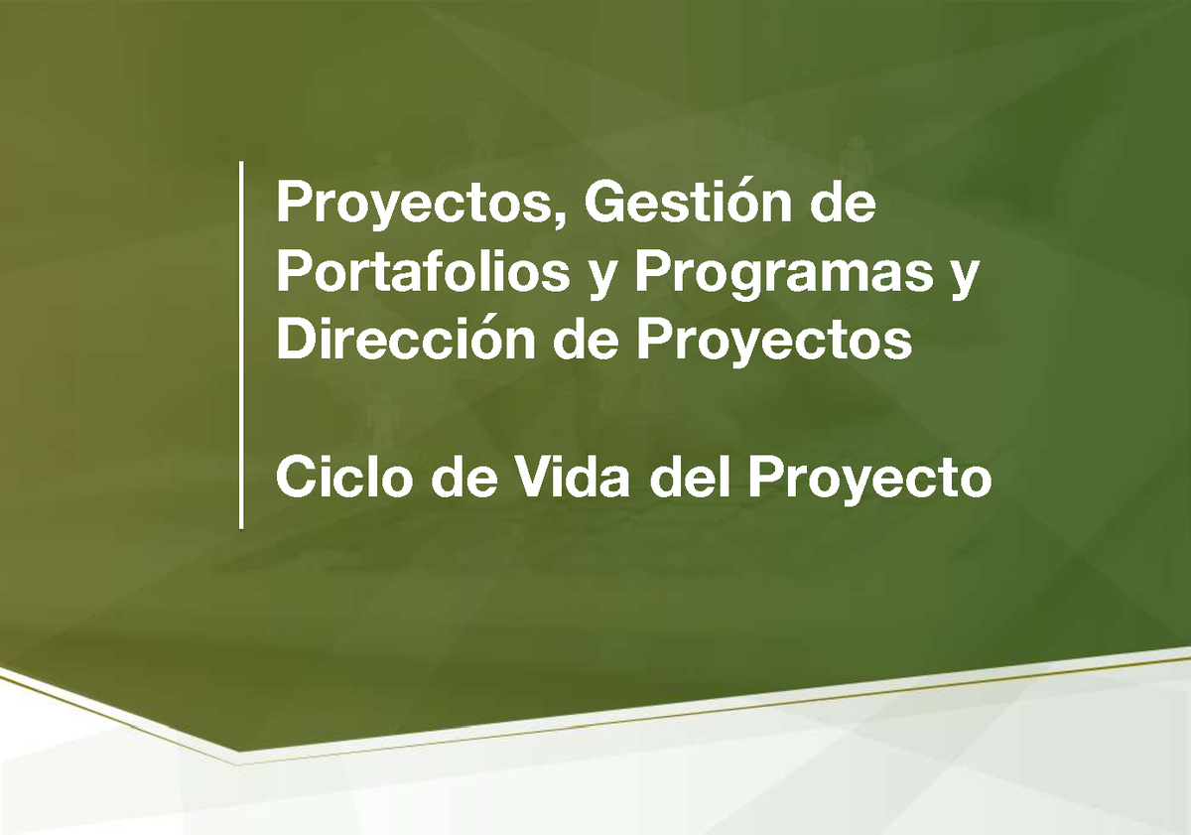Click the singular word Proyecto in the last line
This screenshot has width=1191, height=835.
(869, 482)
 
